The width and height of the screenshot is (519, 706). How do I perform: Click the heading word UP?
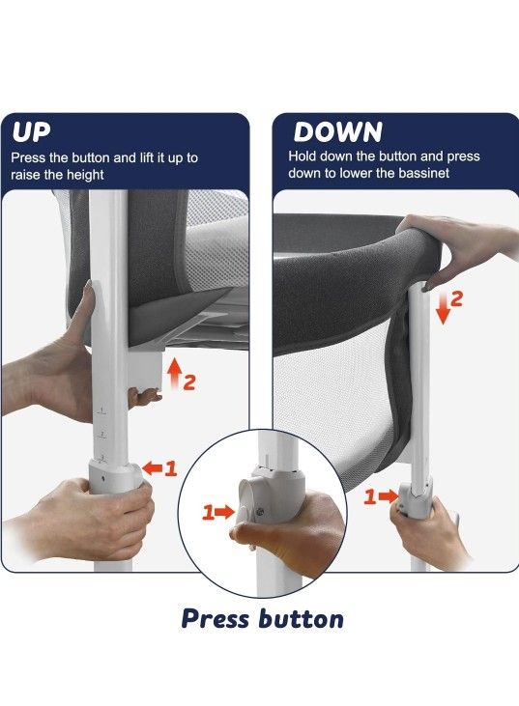coord(31,132)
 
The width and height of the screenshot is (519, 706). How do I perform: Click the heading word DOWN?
coord(338,132)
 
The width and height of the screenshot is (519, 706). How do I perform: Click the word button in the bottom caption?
coord(302,618)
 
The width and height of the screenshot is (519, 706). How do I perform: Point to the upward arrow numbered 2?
coord(175,373)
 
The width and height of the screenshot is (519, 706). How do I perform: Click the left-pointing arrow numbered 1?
coord(153,468)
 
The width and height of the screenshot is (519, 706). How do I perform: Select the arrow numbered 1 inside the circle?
coord(224,512)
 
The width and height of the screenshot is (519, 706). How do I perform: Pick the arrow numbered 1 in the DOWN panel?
coord(389,496)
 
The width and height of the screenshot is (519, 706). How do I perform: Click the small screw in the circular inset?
coord(260,512)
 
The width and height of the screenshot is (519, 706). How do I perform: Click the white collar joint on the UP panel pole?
coord(114,475)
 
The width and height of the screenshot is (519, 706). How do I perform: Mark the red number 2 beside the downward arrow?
coord(456,299)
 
